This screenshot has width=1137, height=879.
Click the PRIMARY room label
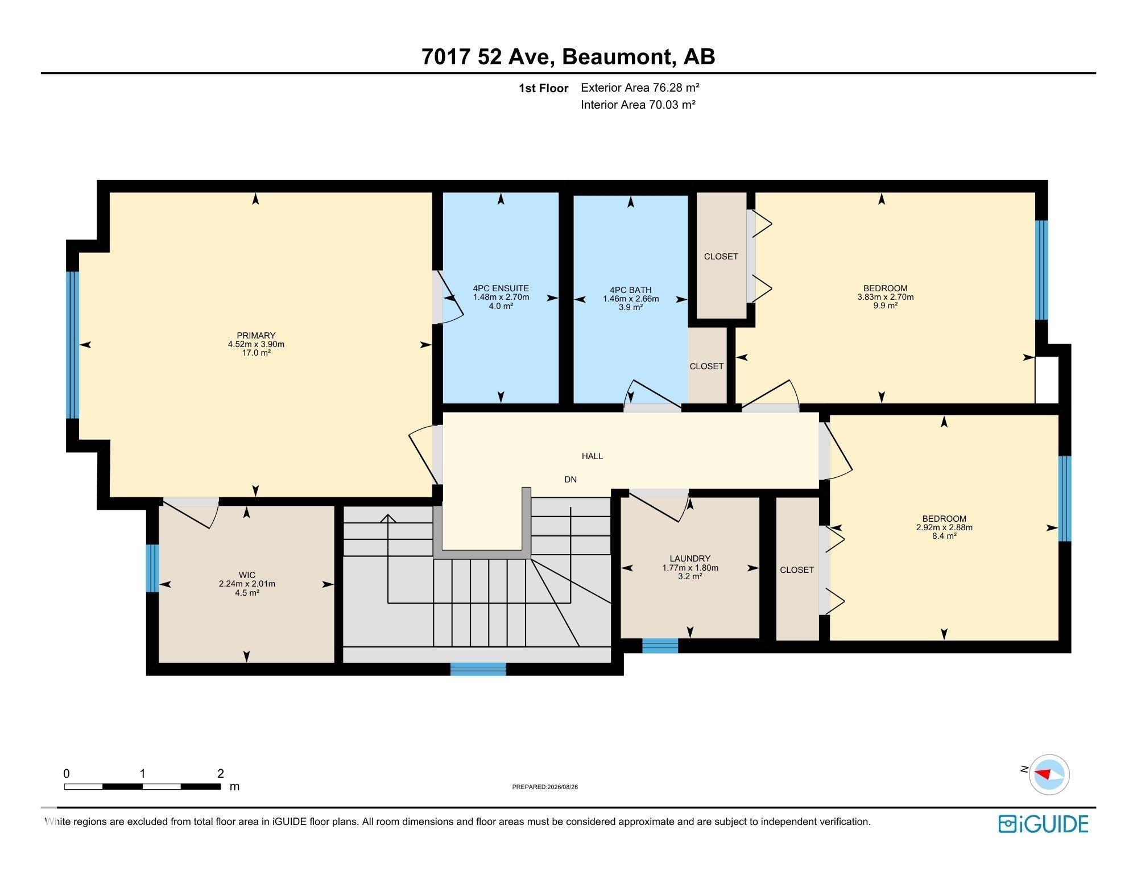(256, 336)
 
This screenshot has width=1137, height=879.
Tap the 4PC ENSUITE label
(501, 288)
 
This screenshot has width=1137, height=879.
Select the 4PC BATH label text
(631, 290)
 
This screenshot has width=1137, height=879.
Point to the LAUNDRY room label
(690, 559)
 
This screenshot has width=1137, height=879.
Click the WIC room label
(247, 575)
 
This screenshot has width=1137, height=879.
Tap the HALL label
(592, 456)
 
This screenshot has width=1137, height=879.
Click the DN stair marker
(570, 480)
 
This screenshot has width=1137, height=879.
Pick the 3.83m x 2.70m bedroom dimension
(886, 297)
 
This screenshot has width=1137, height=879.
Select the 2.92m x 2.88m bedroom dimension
(944, 527)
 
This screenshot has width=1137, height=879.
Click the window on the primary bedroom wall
(72, 345)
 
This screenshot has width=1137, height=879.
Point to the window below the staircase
(478, 669)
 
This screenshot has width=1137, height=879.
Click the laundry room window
(660, 646)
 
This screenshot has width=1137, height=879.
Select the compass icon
(1049, 774)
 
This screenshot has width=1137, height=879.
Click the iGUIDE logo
(1044, 824)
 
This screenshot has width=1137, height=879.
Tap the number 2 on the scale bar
(221, 774)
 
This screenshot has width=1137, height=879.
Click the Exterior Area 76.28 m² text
(640, 88)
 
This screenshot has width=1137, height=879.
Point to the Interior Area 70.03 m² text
(638, 105)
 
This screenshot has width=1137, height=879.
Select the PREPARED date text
(545, 787)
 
